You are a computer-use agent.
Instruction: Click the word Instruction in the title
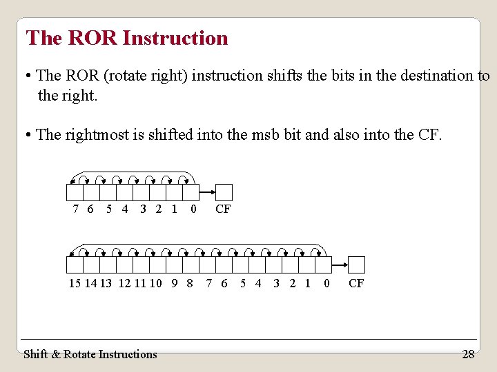[175, 38]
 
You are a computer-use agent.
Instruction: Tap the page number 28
[468, 354]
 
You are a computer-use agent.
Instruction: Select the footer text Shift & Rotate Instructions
[90, 354]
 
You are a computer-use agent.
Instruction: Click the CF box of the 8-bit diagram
[224, 192]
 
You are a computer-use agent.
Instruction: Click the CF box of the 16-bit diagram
[356, 265]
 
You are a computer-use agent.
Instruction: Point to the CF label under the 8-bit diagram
[223, 209]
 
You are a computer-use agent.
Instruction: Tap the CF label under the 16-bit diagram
[356, 283]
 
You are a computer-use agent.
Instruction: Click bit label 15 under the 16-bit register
[75, 283]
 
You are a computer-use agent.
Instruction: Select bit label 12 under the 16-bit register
[124, 283]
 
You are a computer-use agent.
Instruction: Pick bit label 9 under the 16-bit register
[175, 283]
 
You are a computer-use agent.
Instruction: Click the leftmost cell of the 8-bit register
[75, 192]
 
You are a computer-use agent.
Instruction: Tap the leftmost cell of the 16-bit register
[75, 265]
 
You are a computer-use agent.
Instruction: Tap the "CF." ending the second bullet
[430, 134]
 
